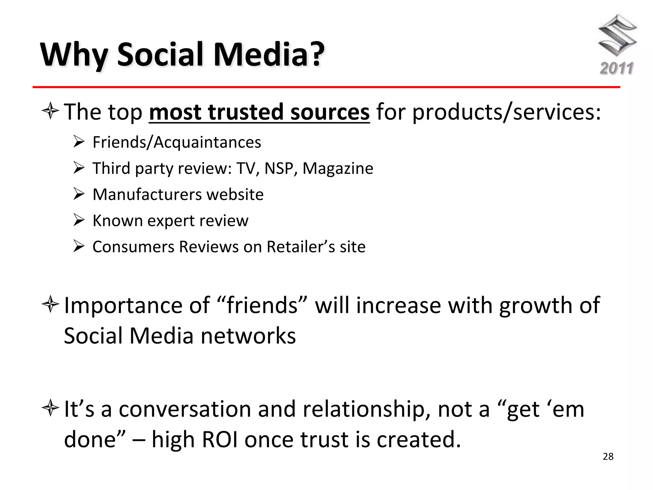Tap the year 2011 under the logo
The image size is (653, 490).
pyautogui.click(x=616, y=68)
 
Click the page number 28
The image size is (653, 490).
pyautogui.click(x=608, y=457)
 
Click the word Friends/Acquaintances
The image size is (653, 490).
pyautogui.click(x=177, y=142)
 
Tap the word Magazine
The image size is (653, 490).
pyautogui.click(x=338, y=168)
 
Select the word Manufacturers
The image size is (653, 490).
pyautogui.click(x=147, y=195)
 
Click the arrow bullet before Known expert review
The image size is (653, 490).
pyautogui.click(x=78, y=220)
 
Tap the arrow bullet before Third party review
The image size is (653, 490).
pyautogui.click(x=78, y=168)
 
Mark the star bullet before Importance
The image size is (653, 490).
pyautogui.click(x=50, y=305)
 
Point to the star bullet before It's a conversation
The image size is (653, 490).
pyautogui.click(x=50, y=408)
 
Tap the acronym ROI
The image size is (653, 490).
pyautogui.click(x=220, y=440)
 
